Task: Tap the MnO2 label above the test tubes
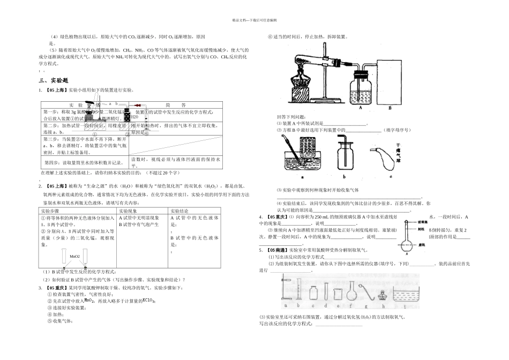point(74,257)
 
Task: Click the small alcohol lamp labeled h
point(383,295)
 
